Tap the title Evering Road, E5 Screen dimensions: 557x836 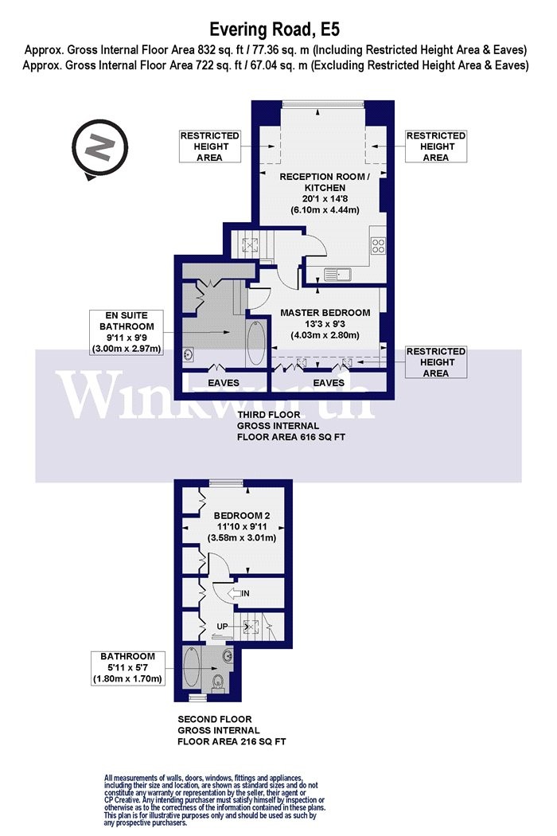275,29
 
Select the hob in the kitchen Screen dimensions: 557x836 379,246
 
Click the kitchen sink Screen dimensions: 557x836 337,275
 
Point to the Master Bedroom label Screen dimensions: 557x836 325,312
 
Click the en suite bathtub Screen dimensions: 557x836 255,343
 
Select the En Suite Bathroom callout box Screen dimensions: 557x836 127,333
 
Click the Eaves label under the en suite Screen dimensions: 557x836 224,383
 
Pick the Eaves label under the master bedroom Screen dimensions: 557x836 329,383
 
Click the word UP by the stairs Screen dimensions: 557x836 222,627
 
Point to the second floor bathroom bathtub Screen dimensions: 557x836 191,666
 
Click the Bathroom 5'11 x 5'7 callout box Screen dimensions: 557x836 127,667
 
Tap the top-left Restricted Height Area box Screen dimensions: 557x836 209,146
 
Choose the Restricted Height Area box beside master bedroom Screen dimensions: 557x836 436,362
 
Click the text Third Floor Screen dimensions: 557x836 269,414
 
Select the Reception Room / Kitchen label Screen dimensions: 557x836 325,182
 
